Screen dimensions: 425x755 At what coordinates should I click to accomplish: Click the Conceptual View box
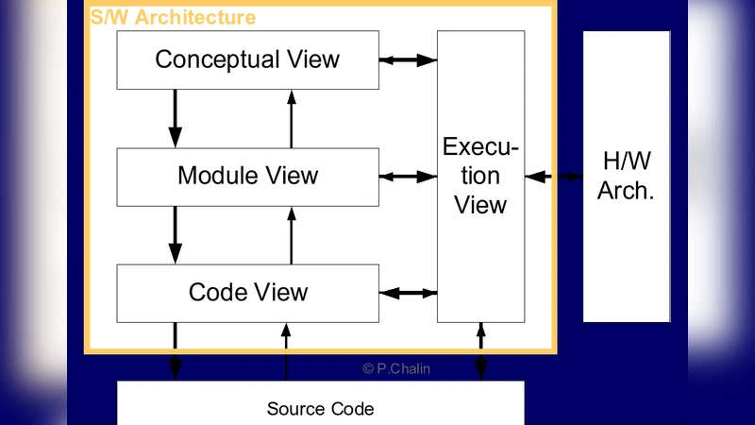click(x=247, y=59)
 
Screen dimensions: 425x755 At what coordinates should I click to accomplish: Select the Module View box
click(x=247, y=176)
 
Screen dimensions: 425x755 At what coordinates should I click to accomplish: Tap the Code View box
click(x=247, y=293)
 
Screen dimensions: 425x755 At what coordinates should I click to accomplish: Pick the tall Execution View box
click(x=480, y=176)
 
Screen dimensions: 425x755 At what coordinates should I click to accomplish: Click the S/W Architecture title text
click(x=173, y=18)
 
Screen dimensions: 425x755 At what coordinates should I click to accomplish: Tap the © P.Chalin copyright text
click(x=396, y=369)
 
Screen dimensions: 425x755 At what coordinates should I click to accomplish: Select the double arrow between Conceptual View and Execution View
click(x=408, y=59)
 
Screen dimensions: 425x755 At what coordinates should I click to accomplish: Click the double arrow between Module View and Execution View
click(x=408, y=176)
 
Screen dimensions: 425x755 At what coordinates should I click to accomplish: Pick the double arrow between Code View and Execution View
click(x=408, y=293)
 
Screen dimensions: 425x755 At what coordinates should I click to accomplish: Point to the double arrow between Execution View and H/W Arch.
click(x=554, y=176)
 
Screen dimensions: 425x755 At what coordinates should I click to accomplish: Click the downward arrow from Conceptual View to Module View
click(x=175, y=118)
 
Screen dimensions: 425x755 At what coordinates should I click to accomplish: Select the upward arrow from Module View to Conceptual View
click(x=292, y=118)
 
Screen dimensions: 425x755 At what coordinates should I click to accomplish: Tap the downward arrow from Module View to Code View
click(x=175, y=234)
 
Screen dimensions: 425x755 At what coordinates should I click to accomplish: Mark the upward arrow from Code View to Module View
click(x=292, y=234)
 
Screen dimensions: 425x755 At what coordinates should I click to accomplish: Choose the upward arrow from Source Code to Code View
click(x=285, y=351)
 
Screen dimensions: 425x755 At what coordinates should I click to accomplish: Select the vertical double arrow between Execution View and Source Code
click(x=481, y=351)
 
